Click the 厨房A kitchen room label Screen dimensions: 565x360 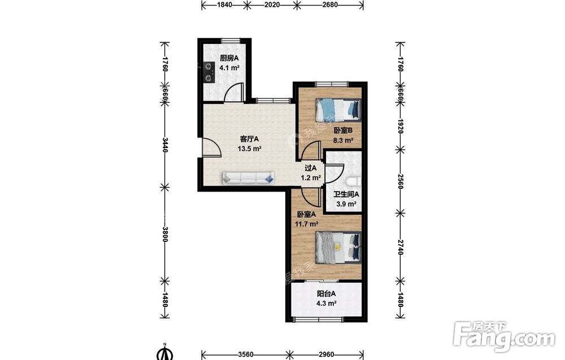pos(229,58)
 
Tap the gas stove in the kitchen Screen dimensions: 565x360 pos(208,72)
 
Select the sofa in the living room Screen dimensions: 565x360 pos(248,178)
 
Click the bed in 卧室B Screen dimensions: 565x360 pos(338,110)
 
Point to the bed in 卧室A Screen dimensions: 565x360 pos(338,247)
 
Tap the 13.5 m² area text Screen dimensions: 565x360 pos(249,149)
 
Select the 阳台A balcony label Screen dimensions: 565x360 pos(327,294)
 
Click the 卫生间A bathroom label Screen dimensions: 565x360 pos(346,194)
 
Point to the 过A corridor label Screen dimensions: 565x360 pos(311,168)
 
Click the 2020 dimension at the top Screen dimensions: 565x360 pos(272,5)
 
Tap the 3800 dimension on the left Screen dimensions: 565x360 pos(164,234)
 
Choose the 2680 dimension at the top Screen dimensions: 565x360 pos(330,5)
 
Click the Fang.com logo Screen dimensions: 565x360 pos(504,337)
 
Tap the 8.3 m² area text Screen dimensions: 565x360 pos(343,141)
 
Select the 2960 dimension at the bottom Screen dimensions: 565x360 pos(326,354)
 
